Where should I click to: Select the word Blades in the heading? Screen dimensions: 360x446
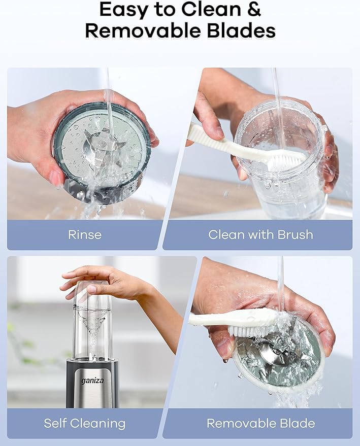point(241,31)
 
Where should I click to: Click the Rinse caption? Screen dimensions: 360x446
point(85,234)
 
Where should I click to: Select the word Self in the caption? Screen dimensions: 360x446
point(55,423)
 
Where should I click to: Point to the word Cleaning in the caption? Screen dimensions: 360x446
point(97,424)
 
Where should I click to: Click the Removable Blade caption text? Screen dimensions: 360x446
point(260,423)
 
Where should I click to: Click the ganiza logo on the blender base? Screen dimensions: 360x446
point(92,381)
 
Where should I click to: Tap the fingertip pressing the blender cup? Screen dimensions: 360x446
point(91,289)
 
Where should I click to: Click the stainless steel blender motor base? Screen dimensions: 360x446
point(92,384)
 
